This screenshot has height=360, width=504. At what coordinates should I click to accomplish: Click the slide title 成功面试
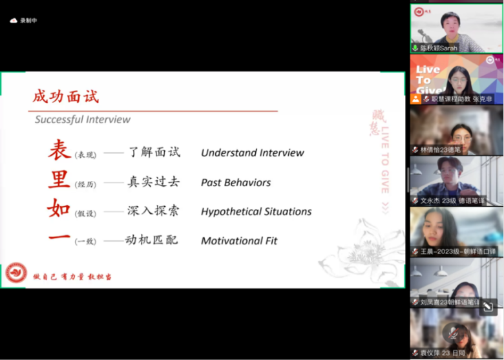pos(66,97)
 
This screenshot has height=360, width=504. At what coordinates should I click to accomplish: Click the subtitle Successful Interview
pos(83,120)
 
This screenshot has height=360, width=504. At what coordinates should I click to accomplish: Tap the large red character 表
pos(59,150)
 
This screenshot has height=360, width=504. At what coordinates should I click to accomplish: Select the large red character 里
pos(59,180)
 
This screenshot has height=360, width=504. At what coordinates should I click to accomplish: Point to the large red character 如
pos(59,209)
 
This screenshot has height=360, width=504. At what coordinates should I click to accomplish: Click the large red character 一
pos(59,238)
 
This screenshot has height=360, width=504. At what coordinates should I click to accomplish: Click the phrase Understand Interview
pos(252,153)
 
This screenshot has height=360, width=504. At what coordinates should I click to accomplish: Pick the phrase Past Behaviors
pos(235,182)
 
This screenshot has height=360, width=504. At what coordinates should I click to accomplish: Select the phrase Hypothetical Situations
pos(256,211)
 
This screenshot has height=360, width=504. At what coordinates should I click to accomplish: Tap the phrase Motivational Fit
pos(239,240)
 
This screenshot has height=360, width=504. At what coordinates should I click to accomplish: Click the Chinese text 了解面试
pos(154,153)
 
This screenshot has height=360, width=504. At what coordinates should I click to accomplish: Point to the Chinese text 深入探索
pos(154,211)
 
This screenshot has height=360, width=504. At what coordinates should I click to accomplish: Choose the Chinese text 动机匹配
pos(151,240)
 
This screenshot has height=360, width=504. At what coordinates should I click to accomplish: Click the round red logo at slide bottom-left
pos(16,273)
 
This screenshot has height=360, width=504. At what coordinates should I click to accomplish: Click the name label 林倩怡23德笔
pos(441,150)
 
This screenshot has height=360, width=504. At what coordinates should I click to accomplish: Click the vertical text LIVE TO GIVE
pos(385,158)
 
